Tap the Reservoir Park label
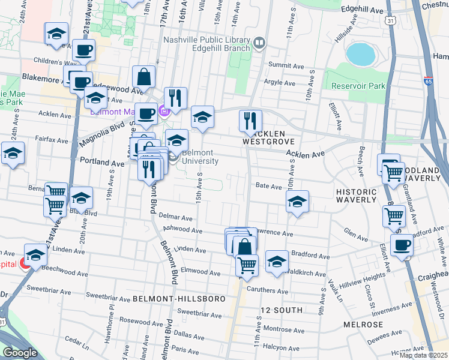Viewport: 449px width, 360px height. [358, 86]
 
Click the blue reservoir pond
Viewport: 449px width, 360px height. [360, 54]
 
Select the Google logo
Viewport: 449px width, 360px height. [20, 353]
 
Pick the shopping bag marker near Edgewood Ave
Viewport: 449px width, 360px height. [144, 76]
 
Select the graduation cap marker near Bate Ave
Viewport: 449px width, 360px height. [297, 202]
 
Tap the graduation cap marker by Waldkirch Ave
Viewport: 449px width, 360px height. [276, 261]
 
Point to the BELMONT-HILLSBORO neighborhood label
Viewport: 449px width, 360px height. [179, 298]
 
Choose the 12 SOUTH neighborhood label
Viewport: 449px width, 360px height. [277, 310]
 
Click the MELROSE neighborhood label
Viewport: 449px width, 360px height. [363, 324]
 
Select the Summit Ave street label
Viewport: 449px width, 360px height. [283, 64]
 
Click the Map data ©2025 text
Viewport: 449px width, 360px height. [423, 355]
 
